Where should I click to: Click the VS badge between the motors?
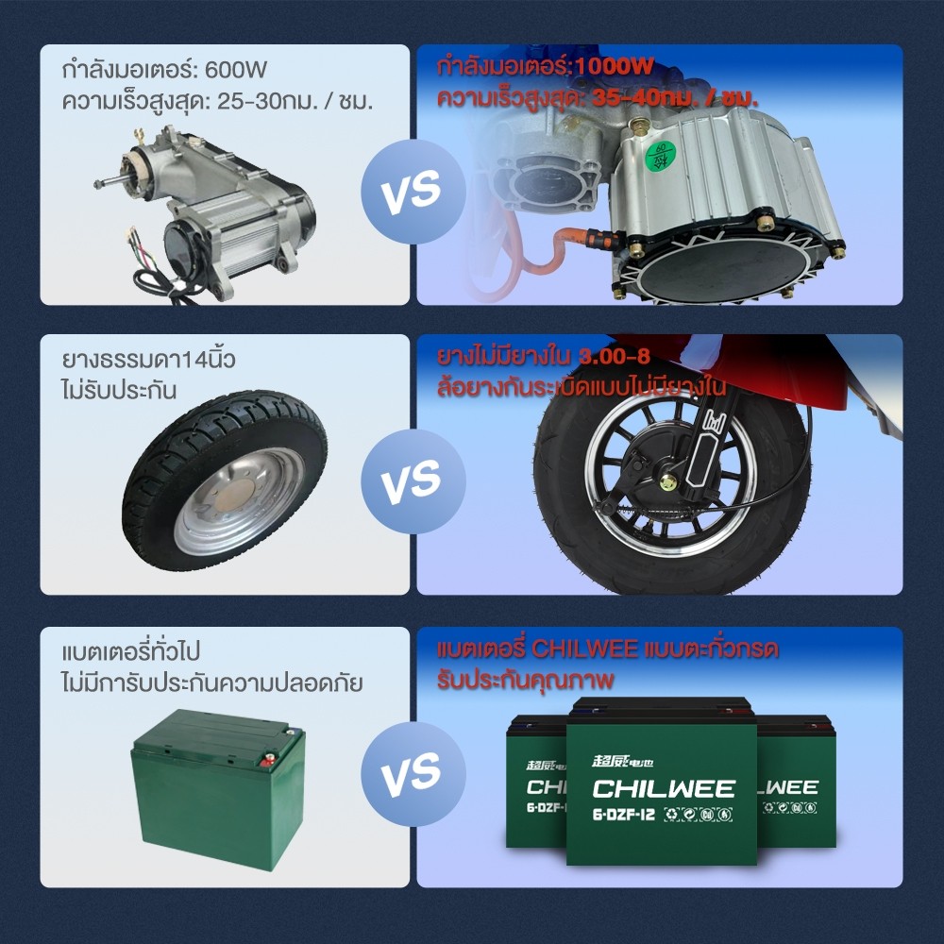413,192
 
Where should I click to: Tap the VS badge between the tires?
413,481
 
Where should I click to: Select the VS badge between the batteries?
413,774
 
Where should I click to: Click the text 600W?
236,70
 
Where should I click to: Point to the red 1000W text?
614,66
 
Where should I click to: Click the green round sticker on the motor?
661,156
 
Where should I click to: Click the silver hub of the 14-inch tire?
239,501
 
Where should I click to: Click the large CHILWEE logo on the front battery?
664,788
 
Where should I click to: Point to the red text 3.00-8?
615,357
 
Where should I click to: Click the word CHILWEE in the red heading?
584,649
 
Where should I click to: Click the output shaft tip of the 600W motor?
97,184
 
